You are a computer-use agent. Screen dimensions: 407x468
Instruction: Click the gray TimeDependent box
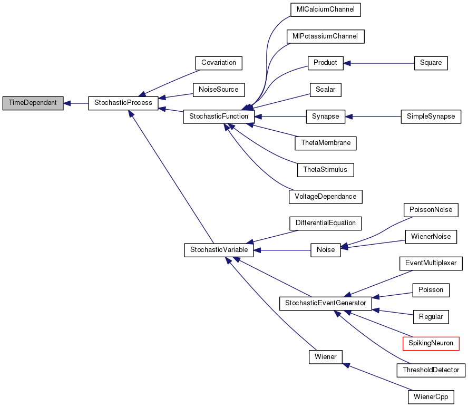[x=33, y=103]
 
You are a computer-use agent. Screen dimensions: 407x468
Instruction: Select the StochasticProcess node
[x=123, y=103]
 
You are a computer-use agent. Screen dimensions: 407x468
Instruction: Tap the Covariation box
[x=219, y=63]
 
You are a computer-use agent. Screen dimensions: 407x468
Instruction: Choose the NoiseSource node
[x=219, y=90]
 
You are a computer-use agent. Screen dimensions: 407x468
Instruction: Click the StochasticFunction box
[x=219, y=117]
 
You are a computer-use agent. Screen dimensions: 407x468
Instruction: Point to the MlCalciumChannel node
[x=325, y=9]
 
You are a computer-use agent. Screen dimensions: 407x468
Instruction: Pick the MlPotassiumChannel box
[x=325, y=36]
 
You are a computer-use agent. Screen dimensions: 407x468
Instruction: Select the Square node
[x=431, y=63]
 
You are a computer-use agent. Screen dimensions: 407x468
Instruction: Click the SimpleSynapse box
[x=431, y=117]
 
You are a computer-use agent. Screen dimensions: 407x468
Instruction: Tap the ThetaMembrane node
[x=325, y=143]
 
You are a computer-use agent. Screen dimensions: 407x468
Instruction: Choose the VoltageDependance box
[x=325, y=197]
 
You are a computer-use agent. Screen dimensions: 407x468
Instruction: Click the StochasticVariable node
[x=219, y=250]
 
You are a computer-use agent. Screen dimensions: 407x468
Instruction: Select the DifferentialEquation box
[x=325, y=223]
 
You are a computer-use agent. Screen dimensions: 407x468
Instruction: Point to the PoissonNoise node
[x=431, y=210]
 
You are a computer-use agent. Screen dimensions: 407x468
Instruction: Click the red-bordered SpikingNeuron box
[x=431, y=343]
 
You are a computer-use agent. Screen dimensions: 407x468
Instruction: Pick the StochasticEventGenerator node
[x=325, y=303]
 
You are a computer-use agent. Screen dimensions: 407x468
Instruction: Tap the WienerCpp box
[x=431, y=396]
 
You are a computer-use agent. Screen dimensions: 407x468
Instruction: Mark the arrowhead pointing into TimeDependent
[x=68, y=103]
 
